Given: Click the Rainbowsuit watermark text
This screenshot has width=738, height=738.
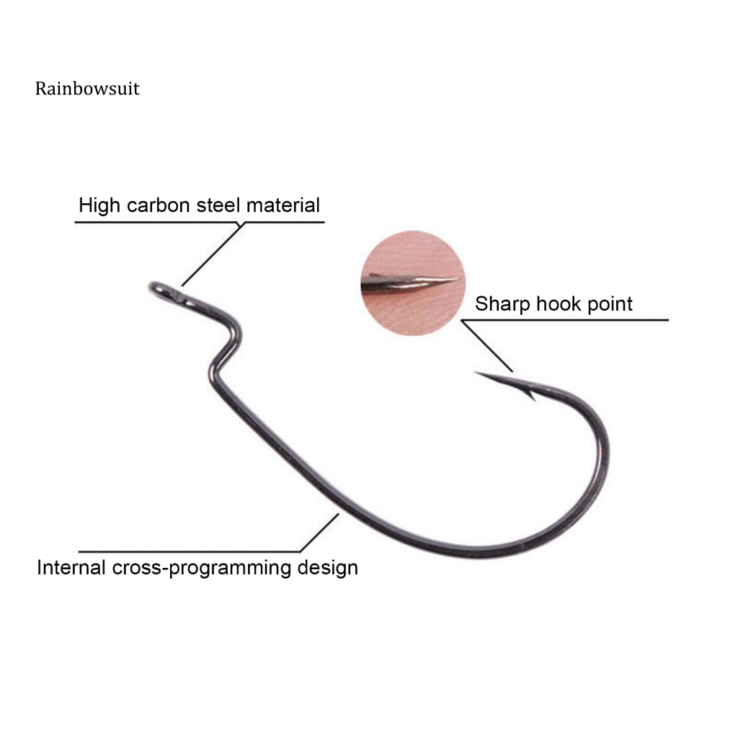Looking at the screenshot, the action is coord(87,89).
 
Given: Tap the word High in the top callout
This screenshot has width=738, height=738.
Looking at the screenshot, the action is coord(99,206).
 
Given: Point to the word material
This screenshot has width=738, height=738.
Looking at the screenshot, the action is coord(283,205).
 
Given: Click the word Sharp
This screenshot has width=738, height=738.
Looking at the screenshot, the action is coord(502,305).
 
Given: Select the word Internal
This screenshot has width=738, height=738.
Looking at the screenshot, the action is coord(71,567).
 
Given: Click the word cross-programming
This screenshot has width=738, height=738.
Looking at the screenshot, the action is coord(202,568).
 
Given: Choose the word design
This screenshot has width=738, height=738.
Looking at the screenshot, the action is coord(328,568).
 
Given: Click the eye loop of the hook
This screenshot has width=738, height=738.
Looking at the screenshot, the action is coord(166,292).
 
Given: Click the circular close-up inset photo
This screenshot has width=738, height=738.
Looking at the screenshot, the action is coord(413,283).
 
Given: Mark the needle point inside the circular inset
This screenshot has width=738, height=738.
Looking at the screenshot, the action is coord(458,279).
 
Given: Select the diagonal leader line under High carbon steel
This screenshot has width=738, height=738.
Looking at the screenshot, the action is coord(213,254).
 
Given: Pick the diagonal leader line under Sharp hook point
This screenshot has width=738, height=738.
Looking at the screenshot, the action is coord(487,346).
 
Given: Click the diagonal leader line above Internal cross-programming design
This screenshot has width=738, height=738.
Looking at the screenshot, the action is coord(319,533).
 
